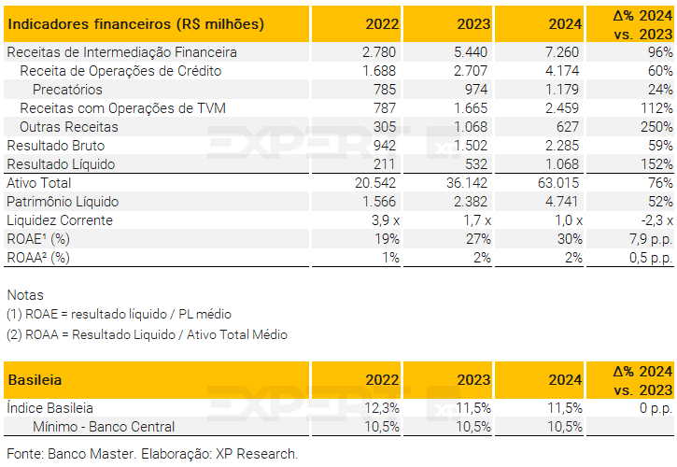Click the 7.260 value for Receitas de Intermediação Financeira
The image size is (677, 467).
562,52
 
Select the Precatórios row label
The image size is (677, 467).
67,90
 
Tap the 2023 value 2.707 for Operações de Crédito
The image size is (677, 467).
471,71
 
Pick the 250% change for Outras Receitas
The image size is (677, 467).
656,127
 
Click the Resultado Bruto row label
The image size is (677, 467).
56,146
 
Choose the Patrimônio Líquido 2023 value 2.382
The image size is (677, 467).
471,202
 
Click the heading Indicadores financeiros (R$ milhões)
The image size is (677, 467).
135,23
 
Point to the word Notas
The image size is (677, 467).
25,295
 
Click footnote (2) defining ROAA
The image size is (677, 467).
147,334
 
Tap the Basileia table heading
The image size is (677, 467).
35,380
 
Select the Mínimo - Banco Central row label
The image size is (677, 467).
104,427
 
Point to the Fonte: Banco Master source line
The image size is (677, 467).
152,455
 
